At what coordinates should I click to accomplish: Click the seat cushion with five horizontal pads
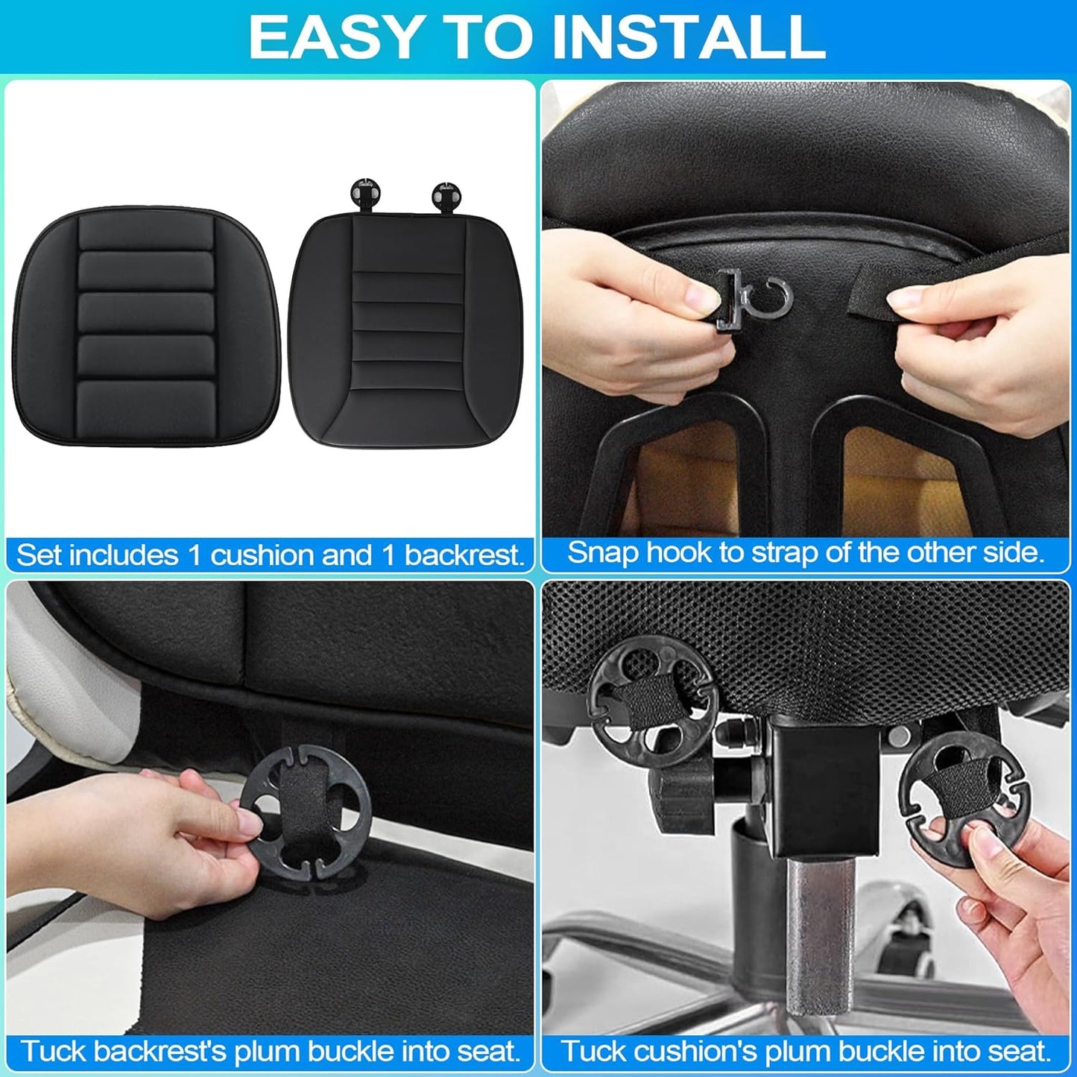(147, 328)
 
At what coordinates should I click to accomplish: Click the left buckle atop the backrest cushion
(364, 194)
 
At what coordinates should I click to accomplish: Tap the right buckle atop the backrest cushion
(446, 195)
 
